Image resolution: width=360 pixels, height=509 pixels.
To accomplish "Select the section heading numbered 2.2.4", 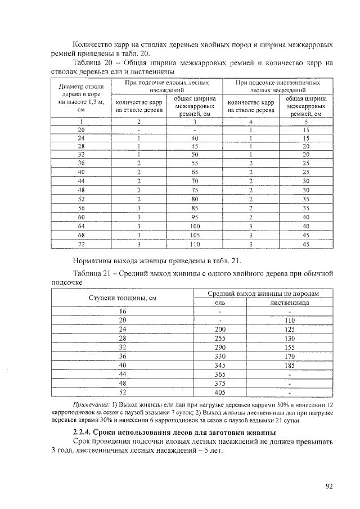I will (174, 432).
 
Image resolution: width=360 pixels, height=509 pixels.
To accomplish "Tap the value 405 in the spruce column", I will (219, 393).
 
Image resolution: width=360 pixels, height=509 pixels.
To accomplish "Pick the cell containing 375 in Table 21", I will (219, 383).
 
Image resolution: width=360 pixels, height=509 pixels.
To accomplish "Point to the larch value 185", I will (289, 365).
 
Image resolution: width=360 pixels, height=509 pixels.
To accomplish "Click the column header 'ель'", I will (219, 302).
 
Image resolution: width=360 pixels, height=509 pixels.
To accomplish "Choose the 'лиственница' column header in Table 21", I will (289, 302).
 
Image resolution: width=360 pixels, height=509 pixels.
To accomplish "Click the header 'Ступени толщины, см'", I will (122, 298).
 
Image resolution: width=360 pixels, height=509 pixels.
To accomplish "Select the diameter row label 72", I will (81, 244).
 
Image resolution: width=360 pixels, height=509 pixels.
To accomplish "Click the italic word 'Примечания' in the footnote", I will (91, 405).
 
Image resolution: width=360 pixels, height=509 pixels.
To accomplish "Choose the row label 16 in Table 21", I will (122, 311).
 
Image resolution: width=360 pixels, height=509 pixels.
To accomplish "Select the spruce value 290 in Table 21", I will (219, 347).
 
